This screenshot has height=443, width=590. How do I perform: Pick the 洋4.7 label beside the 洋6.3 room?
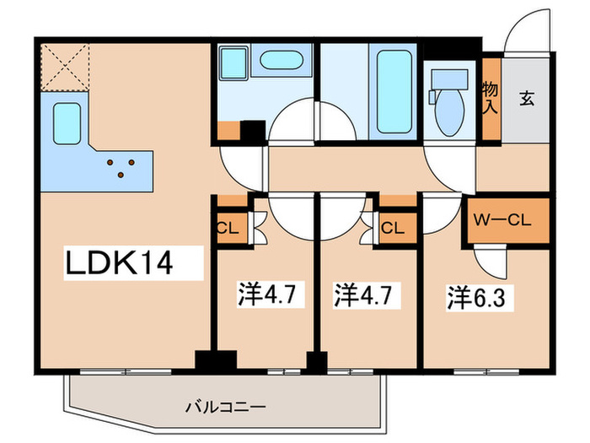(x=364, y=296)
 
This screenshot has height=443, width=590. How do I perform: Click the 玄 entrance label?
(x=526, y=99)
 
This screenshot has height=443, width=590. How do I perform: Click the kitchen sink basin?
(x=68, y=125)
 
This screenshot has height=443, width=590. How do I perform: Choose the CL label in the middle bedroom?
(x=390, y=227)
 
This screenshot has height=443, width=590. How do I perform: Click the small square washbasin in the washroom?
(x=229, y=63)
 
